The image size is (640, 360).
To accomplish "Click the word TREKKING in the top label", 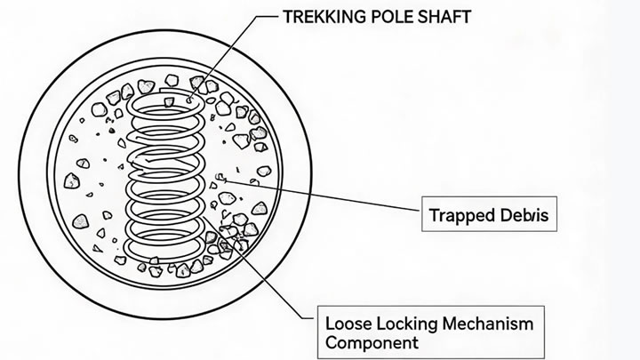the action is coord(324,17).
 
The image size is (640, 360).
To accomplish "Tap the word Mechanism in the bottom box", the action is coord(488,324).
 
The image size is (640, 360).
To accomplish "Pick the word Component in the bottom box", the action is coord(372,342).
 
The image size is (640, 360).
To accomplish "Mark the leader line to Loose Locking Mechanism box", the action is coord(255,265).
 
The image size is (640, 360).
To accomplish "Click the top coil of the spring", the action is coord(165,103).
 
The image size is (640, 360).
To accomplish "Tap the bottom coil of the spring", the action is coord(164,250).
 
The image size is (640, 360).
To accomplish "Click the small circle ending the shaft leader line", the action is coord(189,99).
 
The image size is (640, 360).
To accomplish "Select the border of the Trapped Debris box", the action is coord(489,196).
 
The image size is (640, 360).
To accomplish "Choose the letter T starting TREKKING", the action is coord(288,17).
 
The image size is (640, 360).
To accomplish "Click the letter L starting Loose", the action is coord(330,324).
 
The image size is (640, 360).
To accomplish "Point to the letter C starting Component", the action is coord(332,342).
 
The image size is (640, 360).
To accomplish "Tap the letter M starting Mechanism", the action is coord(450,324).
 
